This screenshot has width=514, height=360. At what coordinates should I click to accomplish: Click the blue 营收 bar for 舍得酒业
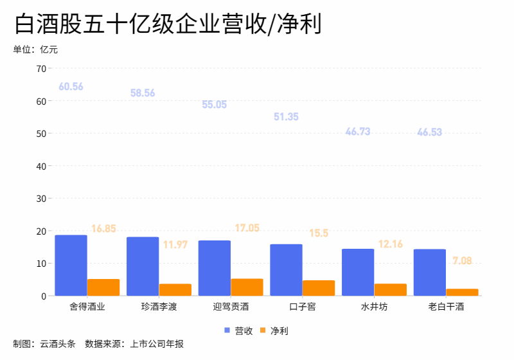71,265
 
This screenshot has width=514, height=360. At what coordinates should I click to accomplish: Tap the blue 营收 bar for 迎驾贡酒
214,268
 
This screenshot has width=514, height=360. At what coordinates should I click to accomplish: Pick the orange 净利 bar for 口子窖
319,288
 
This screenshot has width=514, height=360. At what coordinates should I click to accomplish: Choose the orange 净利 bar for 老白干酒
463,292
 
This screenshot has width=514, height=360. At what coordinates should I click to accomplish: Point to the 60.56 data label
71,87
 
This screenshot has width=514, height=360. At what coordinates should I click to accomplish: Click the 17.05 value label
247,228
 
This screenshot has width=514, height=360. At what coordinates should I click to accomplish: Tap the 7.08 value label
462,261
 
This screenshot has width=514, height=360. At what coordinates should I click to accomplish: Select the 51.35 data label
286,117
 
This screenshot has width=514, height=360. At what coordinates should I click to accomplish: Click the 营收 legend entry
238,330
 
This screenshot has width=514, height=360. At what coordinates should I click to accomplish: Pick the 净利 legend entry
274,330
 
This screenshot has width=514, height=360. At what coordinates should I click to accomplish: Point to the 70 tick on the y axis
41,69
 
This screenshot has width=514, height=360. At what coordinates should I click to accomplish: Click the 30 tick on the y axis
41,199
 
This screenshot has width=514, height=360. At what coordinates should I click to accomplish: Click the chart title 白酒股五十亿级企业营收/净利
167,24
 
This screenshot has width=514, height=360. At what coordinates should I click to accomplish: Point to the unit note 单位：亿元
35,50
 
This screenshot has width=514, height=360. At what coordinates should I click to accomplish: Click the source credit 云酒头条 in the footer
58,344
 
